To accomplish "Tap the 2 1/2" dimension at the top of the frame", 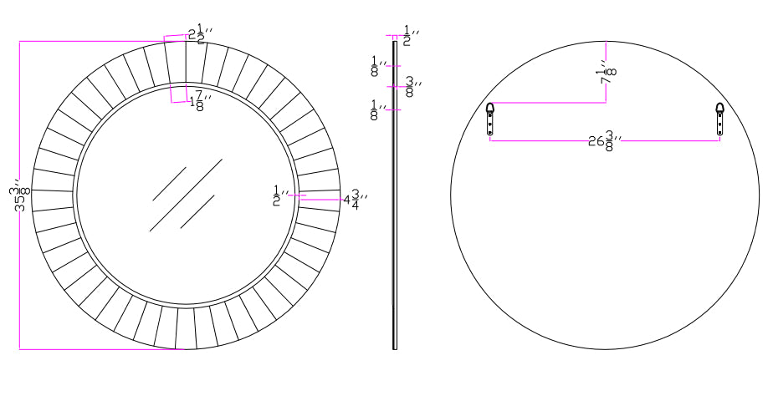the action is [201, 33].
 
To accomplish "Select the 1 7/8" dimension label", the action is [201, 101].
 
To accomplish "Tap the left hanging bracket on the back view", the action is [489, 119].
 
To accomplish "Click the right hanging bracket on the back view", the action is [720, 119].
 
